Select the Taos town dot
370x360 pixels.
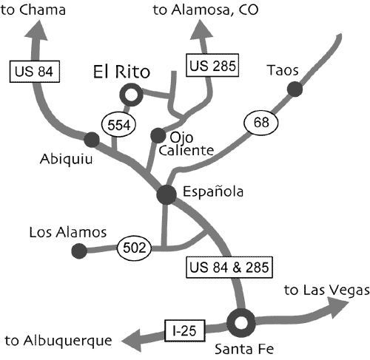pyautogui.click(x=295, y=89)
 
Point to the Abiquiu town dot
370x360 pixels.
pyautogui.click(x=92, y=140)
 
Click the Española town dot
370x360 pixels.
pyautogui.click(x=166, y=194)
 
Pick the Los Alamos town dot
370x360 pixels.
pyautogui.click(x=79, y=251)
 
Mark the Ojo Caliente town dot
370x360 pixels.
pyautogui.click(x=158, y=135)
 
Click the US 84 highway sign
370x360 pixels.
pyautogui.click(x=35, y=72)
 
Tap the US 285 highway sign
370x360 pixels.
pyautogui.click(x=212, y=65)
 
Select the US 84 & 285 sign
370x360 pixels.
pyautogui.click(x=229, y=268)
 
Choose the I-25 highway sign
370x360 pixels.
pyautogui.click(x=185, y=330)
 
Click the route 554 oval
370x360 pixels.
pyautogui.click(x=118, y=125)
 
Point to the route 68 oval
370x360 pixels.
pyautogui.click(x=261, y=123)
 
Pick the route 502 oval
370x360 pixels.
pyautogui.click(x=134, y=248)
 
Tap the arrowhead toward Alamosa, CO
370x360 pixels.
pyautogui.click(x=201, y=29)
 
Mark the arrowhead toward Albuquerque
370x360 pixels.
pyautogui.click(x=132, y=341)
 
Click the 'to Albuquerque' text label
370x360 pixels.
pyautogui.click(x=58, y=342)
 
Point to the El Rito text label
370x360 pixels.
pyautogui.click(x=121, y=72)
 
